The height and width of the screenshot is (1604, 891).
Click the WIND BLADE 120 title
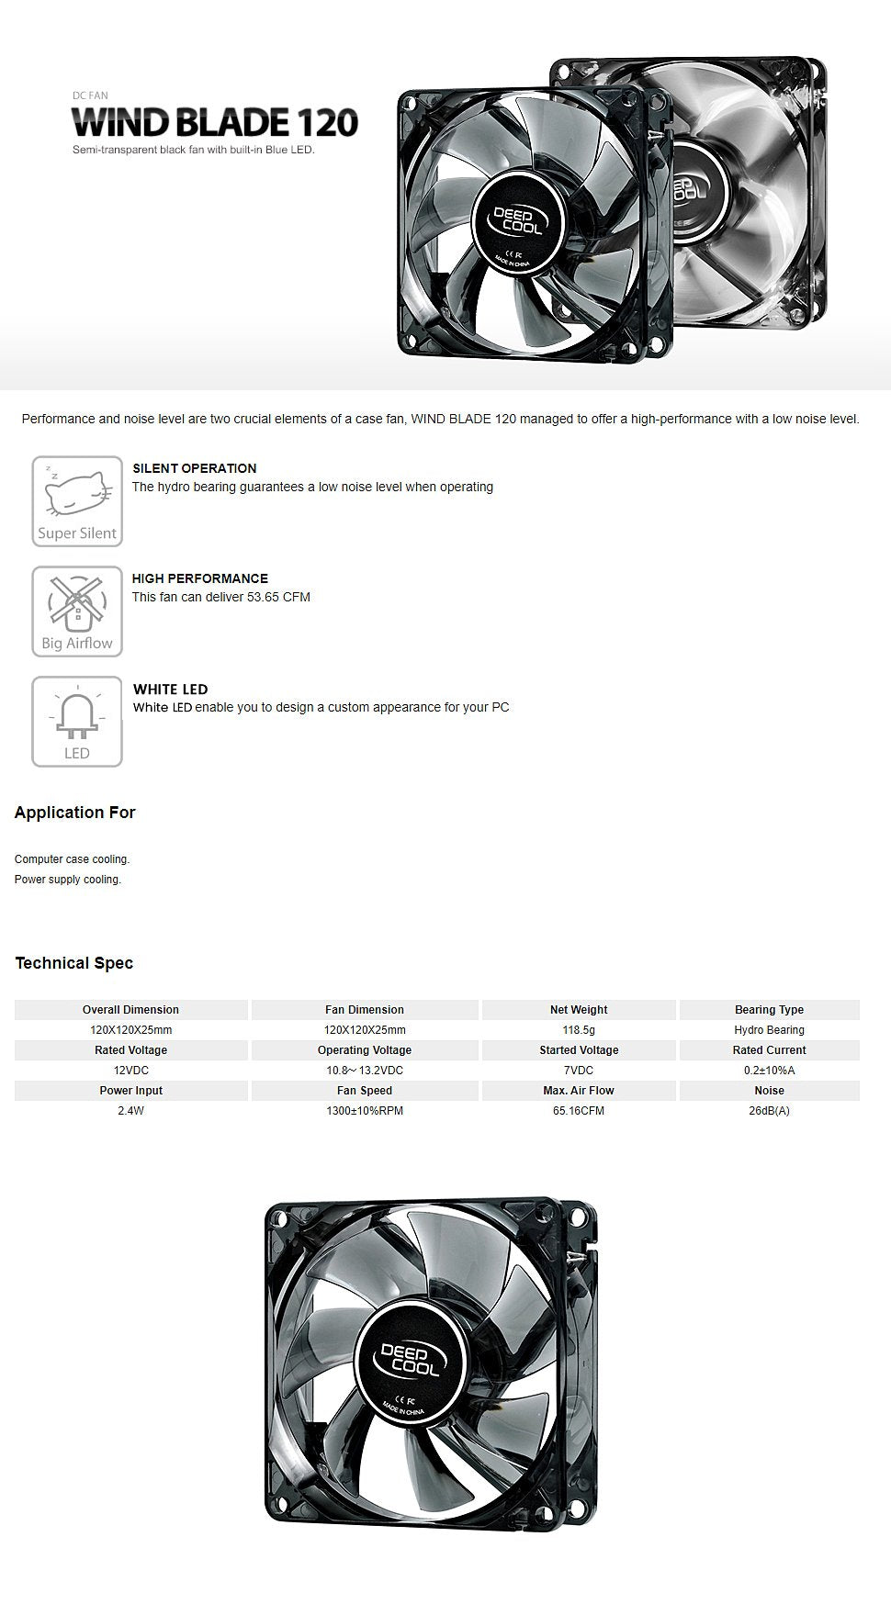tap(215, 122)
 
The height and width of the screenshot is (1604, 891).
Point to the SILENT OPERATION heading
tap(194, 468)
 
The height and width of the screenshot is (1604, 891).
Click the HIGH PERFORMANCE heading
tap(199, 578)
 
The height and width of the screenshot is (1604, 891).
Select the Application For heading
tap(74, 813)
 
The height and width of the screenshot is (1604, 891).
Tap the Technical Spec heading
tap(73, 963)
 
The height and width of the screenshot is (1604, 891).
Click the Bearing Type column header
tap(769, 1010)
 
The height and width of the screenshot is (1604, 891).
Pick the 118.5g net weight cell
tap(579, 1030)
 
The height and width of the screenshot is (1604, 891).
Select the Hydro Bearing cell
tap(769, 1030)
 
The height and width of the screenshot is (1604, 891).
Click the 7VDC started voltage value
tap(579, 1071)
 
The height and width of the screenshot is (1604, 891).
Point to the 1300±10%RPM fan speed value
tap(365, 1111)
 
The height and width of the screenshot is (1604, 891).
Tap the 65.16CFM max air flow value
tap(579, 1111)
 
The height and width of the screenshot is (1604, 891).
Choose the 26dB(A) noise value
tap(769, 1111)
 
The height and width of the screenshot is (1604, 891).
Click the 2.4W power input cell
tap(130, 1111)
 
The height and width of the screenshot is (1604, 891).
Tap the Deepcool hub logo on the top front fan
tap(519, 220)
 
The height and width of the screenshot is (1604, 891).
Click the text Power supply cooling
tap(68, 880)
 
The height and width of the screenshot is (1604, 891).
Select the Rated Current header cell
tap(769, 1050)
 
